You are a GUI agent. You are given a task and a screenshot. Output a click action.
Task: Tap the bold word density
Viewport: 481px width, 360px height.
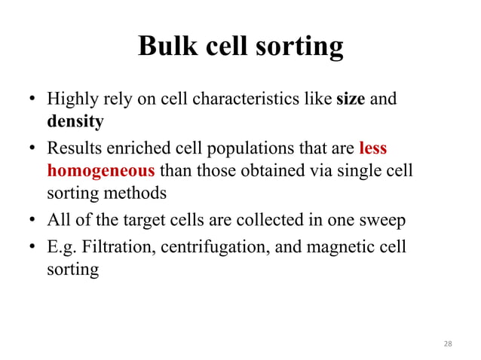(75, 121)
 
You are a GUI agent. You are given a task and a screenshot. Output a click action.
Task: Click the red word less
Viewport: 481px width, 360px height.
(373, 148)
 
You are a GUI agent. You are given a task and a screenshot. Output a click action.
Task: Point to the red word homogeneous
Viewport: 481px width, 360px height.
(100, 169)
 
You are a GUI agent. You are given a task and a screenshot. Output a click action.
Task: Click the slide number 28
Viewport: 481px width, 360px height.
(448, 343)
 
